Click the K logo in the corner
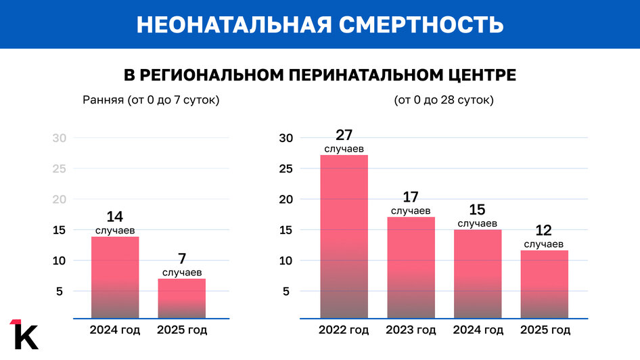[x=24, y=334]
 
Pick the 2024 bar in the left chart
[x=115, y=277]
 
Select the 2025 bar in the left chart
[x=182, y=298]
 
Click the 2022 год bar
[x=344, y=237]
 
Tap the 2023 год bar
[x=411, y=267]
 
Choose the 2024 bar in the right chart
[x=478, y=274]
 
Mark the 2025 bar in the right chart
[x=544, y=284]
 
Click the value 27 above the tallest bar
[x=344, y=135]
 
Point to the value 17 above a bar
[x=411, y=197]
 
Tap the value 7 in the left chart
[x=182, y=258]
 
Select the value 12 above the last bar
[x=544, y=230]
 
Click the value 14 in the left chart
[x=115, y=217]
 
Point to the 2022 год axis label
[x=344, y=330]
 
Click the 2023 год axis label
[x=411, y=330]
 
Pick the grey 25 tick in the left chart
[x=60, y=168]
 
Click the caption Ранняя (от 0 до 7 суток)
[x=152, y=100]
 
